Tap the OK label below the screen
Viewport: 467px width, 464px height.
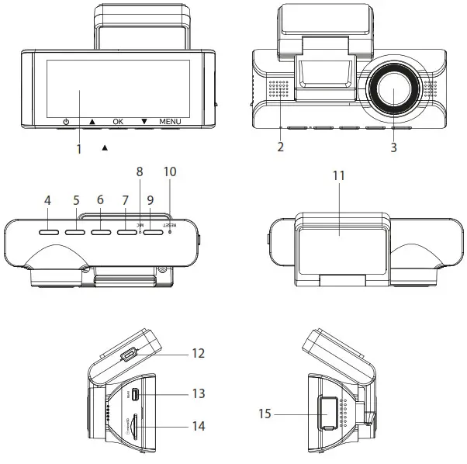(x=118, y=122)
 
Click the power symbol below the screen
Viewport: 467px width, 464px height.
(x=67, y=122)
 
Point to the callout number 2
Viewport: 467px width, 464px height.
(x=281, y=146)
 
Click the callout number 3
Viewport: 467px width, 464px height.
(x=393, y=147)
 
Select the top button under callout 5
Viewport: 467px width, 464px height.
(x=74, y=230)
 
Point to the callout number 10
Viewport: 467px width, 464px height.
(x=170, y=171)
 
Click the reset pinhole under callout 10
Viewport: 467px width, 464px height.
(x=170, y=230)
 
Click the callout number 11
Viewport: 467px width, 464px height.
(x=337, y=177)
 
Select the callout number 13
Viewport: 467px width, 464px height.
(x=199, y=393)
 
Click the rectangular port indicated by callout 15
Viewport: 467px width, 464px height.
(x=329, y=414)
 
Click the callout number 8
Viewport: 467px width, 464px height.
(x=140, y=171)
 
